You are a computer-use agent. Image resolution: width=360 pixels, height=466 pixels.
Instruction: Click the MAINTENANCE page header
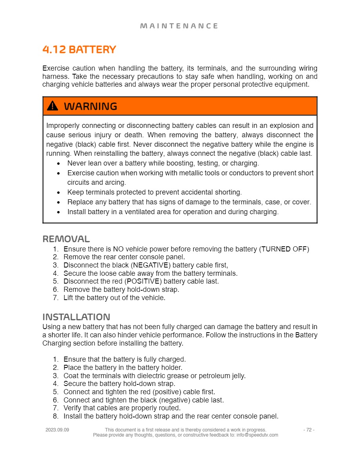179,26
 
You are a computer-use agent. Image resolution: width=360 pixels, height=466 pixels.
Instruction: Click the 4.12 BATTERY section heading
79,50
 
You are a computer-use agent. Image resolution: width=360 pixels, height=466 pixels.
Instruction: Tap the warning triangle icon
52,106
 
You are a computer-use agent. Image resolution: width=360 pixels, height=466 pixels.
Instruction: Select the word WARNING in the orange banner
90,106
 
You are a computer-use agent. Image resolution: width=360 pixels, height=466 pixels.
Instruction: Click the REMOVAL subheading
66,238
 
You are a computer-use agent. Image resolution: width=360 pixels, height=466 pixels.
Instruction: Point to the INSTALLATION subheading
76,317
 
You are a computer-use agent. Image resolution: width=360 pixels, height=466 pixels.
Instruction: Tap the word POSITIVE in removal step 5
143,281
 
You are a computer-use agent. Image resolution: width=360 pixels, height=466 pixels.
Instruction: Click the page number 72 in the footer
309,430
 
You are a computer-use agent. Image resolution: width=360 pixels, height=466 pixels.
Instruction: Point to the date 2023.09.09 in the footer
57,430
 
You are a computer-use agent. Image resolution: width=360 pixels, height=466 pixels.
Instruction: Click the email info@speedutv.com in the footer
257,435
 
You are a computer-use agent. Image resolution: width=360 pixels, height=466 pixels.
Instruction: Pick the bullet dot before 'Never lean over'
58,163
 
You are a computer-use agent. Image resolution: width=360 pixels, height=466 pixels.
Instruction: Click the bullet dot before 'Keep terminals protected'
58,193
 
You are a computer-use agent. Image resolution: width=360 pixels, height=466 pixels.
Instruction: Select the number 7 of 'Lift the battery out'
55,298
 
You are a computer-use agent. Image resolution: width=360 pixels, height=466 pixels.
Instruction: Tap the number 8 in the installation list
55,416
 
